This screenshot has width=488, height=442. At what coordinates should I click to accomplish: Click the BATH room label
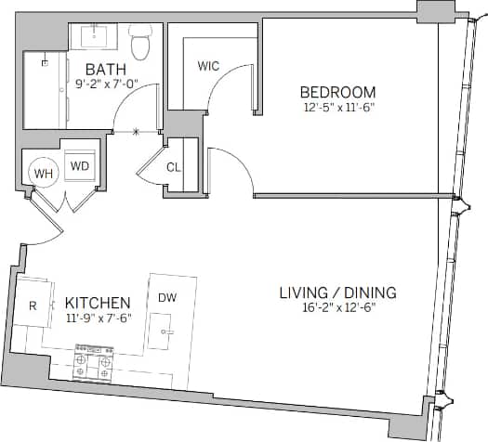click(106, 69)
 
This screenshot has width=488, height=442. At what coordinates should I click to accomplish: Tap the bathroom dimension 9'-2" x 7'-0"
click(106, 84)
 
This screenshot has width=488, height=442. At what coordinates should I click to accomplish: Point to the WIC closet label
click(208, 66)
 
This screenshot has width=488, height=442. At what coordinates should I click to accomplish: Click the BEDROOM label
click(337, 92)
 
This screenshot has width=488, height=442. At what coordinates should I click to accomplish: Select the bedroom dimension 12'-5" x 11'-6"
click(337, 108)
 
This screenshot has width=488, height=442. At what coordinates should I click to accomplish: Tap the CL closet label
click(174, 168)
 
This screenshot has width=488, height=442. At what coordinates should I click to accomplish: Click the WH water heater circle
click(43, 173)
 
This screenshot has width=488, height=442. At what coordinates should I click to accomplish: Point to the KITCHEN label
click(98, 304)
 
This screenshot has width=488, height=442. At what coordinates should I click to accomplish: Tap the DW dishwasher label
click(167, 298)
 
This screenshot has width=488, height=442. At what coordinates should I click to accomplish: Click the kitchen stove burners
click(93, 362)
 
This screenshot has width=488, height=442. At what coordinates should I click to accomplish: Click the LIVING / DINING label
click(337, 292)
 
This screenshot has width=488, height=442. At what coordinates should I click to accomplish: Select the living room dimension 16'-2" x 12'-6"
click(337, 308)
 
